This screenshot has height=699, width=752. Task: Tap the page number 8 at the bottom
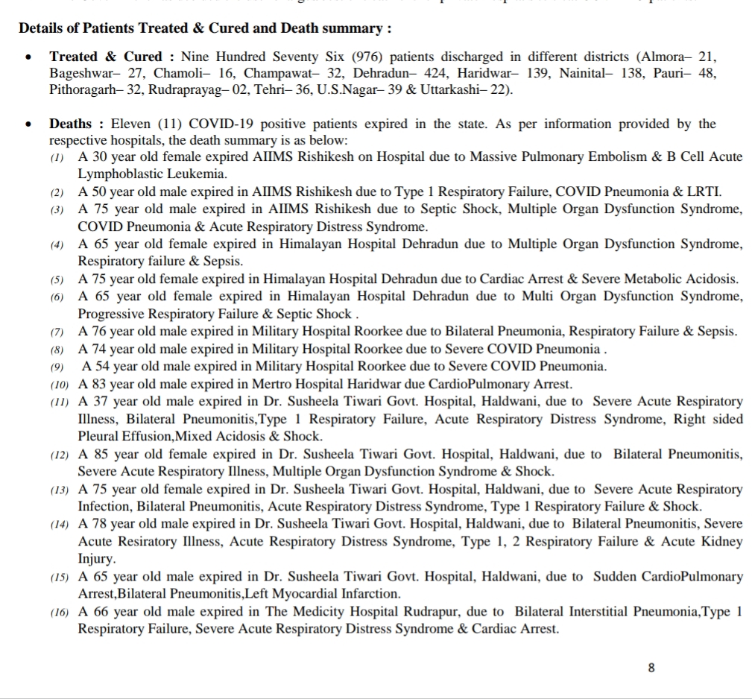click(x=651, y=668)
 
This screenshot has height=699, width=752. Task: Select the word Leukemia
click(x=195, y=174)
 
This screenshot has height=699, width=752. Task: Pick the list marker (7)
click(x=57, y=332)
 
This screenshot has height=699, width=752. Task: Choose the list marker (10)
click(x=60, y=385)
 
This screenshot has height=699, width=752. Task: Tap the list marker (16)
click(x=60, y=612)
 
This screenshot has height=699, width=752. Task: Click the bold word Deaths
click(x=71, y=124)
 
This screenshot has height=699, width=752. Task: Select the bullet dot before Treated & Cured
click(x=28, y=57)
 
